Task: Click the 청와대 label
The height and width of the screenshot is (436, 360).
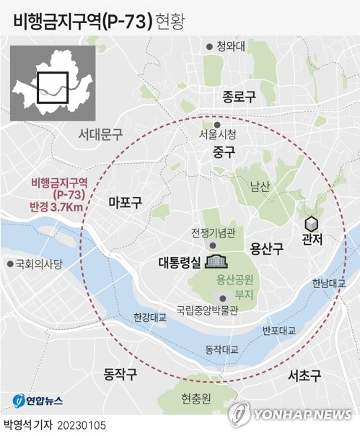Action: [x=231, y=45]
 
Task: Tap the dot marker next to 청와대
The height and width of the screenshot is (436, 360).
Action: [x=209, y=45]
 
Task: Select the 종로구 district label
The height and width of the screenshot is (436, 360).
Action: [x=239, y=96]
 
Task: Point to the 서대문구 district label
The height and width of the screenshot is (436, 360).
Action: [x=100, y=134]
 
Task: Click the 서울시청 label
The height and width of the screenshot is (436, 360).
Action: [x=218, y=134]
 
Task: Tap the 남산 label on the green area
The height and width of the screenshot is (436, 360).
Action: [x=260, y=186]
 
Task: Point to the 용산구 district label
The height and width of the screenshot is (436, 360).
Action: [x=267, y=248]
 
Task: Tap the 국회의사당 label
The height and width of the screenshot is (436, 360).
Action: [x=38, y=263]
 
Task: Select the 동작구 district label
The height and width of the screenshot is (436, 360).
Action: [x=120, y=374]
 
